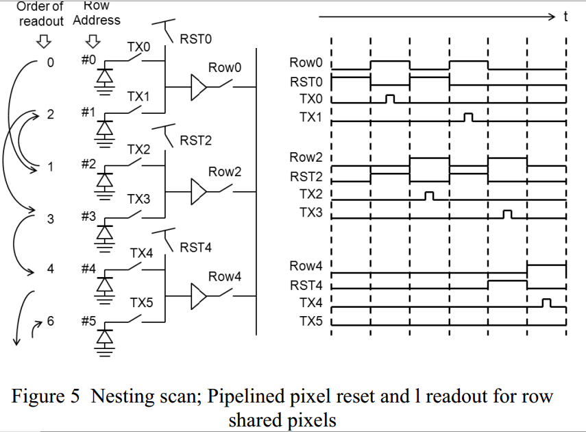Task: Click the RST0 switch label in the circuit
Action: pos(195,39)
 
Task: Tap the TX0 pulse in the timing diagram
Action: pos(390,99)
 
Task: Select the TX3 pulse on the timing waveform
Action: pos(507,215)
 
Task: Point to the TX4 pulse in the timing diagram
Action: pos(546,303)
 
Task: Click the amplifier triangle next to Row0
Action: pos(198,87)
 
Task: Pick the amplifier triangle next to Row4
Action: pos(198,296)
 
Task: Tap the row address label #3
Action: pos(88,216)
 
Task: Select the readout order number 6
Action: pos(51,321)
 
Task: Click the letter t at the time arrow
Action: pos(565,16)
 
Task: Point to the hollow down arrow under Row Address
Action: pos(93,42)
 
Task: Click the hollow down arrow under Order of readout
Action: pos(43,42)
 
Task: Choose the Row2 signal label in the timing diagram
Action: pos(306,157)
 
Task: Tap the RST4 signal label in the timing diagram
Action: pos(306,285)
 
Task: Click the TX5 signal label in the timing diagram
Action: pos(310,321)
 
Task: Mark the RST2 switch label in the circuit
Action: pos(195,141)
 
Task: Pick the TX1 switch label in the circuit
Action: pos(138,97)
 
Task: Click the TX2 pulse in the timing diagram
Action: pos(430,196)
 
